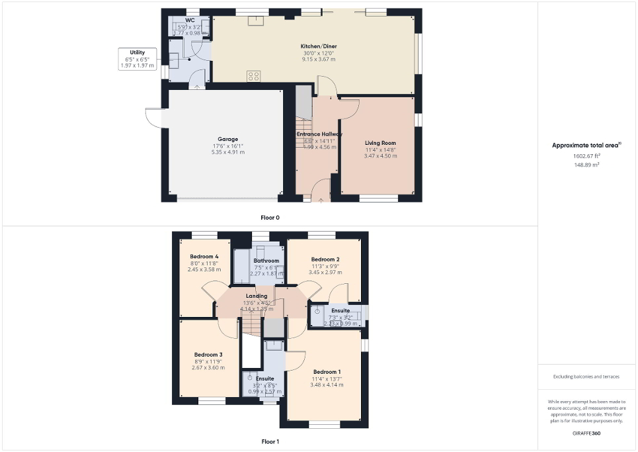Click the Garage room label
[x=228, y=140]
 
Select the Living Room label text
[x=380, y=143]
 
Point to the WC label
[x=190, y=21]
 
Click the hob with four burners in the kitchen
[x=253, y=75]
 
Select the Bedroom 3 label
[x=208, y=355]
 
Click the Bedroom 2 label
[x=325, y=259]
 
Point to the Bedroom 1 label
[x=327, y=371]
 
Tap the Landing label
[x=256, y=296]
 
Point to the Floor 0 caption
[x=270, y=216]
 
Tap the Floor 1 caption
[x=270, y=441]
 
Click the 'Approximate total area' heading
[x=586, y=145]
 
